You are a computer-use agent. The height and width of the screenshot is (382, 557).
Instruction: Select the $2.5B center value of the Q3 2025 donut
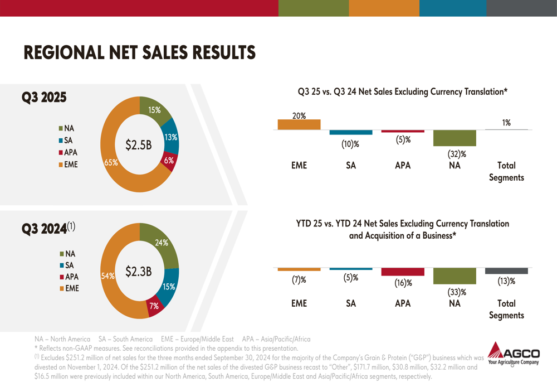point(139,145)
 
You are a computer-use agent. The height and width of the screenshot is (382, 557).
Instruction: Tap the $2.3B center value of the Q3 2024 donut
point(139,272)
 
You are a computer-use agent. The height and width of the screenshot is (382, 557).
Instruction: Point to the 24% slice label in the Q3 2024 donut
point(162,243)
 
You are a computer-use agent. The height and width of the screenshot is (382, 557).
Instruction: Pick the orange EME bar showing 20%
point(299,124)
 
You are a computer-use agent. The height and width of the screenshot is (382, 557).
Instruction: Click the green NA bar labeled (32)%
point(455,138)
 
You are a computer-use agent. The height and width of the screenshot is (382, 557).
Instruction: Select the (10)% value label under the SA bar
point(350,144)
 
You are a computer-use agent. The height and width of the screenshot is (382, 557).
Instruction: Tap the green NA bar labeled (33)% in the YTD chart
point(455,276)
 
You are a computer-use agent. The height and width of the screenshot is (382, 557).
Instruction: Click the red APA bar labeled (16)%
point(403,272)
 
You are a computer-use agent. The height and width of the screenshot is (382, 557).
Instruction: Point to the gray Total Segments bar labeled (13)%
point(506,270)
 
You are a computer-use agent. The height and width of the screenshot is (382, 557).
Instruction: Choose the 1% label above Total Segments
point(506,123)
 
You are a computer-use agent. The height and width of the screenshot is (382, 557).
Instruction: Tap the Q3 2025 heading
point(44,97)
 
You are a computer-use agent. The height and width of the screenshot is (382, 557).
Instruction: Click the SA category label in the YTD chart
point(350,304)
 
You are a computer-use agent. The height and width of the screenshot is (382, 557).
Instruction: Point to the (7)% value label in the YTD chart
point(299,281)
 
